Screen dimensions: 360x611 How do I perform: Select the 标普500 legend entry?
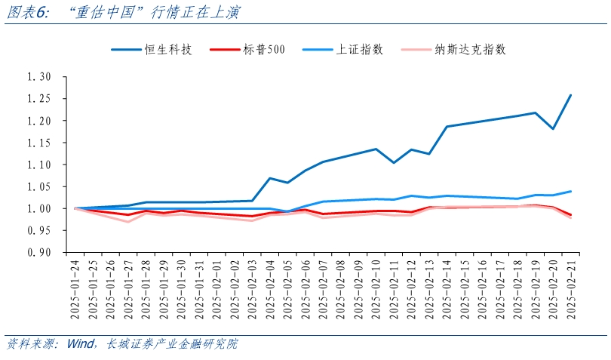click(264, 50)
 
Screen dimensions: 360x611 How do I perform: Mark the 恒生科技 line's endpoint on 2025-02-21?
click(570, 95)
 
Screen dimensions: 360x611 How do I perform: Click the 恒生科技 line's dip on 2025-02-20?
click(553, 129)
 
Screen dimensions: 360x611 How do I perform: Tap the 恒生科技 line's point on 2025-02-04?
click(269, 178)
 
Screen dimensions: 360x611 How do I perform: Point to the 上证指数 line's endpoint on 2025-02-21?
click(570, 191)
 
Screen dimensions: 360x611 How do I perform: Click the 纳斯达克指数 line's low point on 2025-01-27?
click(128, 221)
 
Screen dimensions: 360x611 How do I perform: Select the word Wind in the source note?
click(81, 344)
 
